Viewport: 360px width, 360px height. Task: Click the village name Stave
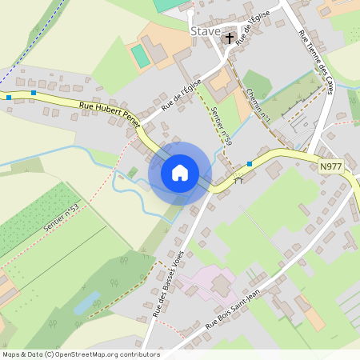[x=206, y=31]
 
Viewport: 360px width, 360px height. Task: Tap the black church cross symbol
[x=230, y=38]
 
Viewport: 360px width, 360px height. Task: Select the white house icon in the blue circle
[x=180, y=173]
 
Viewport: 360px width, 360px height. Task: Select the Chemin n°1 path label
[x=259, y=104]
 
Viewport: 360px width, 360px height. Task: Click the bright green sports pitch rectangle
[x=141, y=56]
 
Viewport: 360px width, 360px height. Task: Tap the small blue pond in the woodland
[x=86, y=303]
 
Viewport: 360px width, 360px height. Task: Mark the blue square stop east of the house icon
[x=250, y=164]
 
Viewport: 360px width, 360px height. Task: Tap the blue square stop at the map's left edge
[x=8, y=97]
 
